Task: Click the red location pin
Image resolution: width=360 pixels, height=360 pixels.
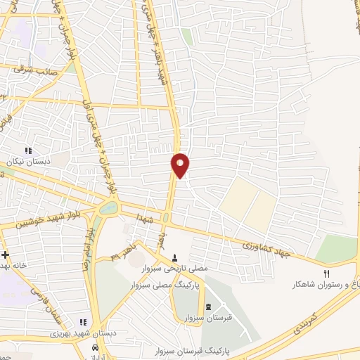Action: [181, 165]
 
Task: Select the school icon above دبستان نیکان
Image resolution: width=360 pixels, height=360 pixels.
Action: [28, 150]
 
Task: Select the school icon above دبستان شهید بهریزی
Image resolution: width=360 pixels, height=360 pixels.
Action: [84, 322]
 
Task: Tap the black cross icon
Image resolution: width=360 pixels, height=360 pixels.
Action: [6, 255]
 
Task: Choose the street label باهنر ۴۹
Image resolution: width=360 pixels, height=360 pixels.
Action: [125, 251]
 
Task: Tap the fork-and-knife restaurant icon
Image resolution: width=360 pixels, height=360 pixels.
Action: [326, 273]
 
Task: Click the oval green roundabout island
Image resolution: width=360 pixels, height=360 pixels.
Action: [108, 207]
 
